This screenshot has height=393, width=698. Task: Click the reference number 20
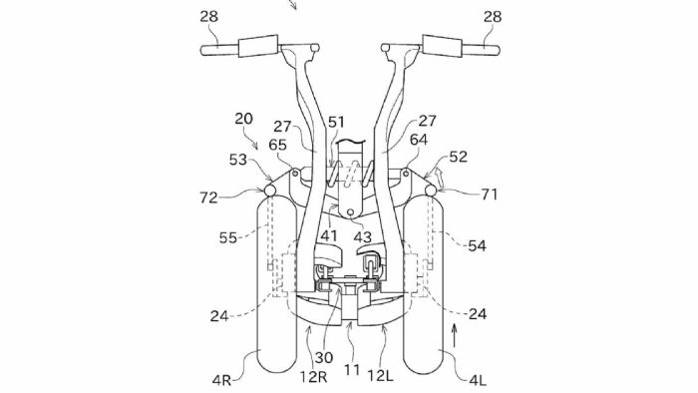coord(243,119)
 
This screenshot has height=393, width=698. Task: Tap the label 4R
coord(221,381)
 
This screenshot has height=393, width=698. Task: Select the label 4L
coord(478,381)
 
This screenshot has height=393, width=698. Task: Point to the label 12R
coord(313,377)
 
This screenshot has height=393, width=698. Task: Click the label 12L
coord(380,376)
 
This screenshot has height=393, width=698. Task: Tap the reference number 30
coord(324,358)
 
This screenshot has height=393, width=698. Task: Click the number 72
coord(208,197)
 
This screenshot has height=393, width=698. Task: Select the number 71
coord(489,195)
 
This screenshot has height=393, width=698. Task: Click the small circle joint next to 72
coord(270,191)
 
